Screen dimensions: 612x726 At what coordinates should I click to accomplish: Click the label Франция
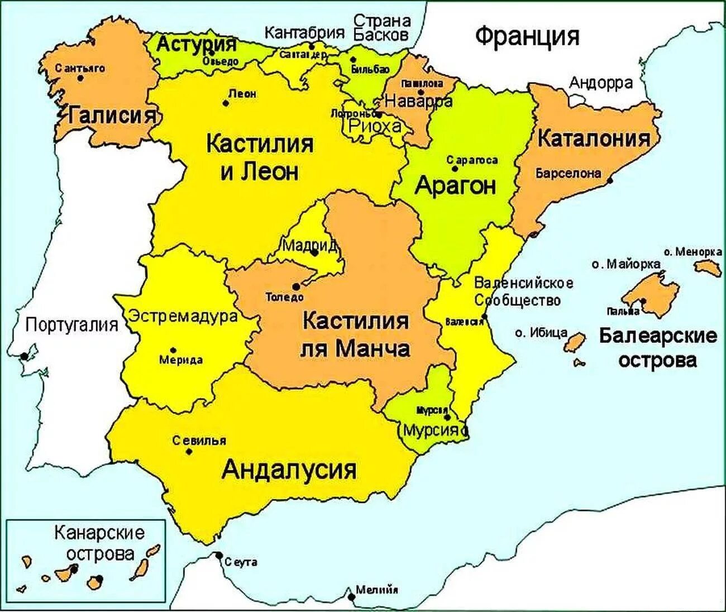coord(527,37)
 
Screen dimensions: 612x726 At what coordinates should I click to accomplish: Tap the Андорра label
coord(601,83)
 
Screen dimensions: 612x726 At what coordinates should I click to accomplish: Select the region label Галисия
coord(112,116)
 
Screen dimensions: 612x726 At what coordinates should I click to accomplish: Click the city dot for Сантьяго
coord(80,78)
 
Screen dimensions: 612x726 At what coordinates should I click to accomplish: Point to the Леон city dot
coord(226,103)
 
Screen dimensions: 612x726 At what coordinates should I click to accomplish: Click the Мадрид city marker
coord(314,253)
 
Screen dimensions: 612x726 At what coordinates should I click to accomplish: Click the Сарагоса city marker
coord(455,168)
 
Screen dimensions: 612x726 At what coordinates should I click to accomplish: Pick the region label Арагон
coord(455,185)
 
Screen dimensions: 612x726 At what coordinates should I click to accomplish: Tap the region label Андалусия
coord(289,470)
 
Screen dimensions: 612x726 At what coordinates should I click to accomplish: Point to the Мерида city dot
coord(173,349)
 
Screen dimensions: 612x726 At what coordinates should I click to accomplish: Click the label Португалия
coord(73,324)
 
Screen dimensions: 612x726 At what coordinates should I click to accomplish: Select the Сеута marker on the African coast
coord(218,556)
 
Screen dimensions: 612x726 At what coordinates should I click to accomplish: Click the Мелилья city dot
coord(351,597)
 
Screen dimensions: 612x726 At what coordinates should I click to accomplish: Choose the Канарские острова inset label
coord(99,543)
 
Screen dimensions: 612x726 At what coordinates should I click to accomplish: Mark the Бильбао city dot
coord(353,60)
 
